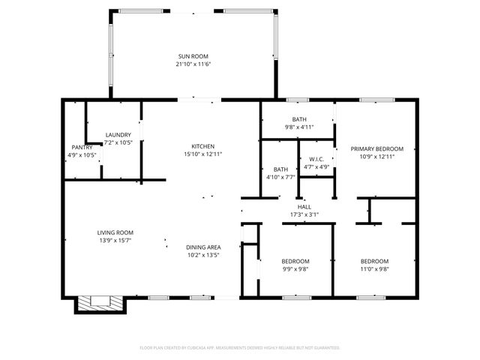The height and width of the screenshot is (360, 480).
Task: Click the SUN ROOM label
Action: pos(193,56)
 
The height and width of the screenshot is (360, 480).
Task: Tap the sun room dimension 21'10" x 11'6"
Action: pos(193,64)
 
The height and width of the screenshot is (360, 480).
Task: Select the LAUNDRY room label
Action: pos(118,135)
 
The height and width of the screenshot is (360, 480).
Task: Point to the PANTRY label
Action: pos(82,147)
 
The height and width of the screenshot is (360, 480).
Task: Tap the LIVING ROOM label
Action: pos(115,232)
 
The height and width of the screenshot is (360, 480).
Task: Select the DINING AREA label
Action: pos(203,247)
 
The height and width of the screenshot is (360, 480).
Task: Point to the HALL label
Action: pos(304,207)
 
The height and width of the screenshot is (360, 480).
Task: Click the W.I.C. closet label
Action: pos(316,159)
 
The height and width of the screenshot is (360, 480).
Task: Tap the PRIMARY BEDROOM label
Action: pos(377,148)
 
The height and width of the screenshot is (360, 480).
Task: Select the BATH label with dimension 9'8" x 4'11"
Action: pos(299,119)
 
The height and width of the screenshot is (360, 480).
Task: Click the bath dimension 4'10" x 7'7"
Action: pos(280,178)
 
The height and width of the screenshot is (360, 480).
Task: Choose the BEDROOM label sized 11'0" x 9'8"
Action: pos(374,261)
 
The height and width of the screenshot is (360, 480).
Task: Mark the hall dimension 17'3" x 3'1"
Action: pos(304,215)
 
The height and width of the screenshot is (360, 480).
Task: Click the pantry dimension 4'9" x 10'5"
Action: pos(82,155)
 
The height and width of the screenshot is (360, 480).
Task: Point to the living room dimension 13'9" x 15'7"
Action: pos(115,241)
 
